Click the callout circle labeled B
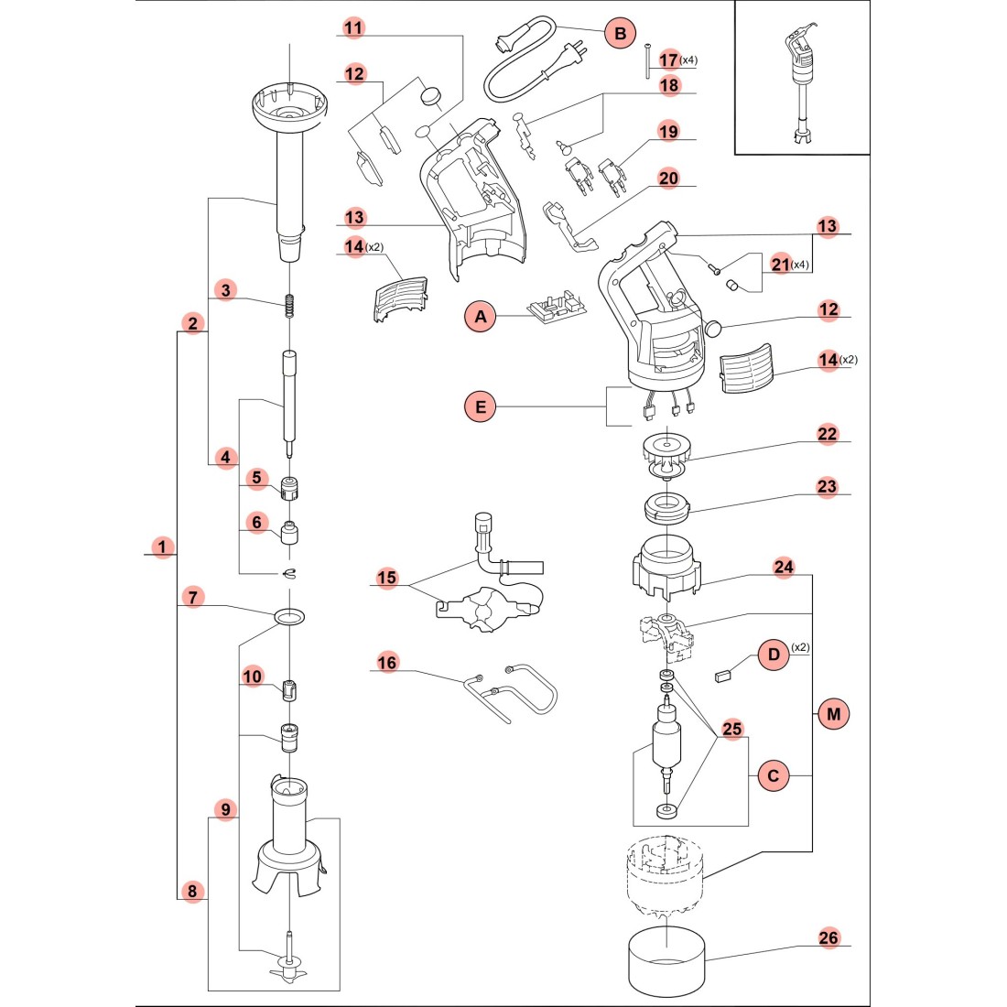pos(620,34)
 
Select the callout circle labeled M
pos(832,713)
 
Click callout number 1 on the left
pos(162,547)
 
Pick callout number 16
pos(387,662)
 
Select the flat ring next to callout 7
pos(289,615)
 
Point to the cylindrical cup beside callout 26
pos(667,966)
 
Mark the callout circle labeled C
pos(774,775)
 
